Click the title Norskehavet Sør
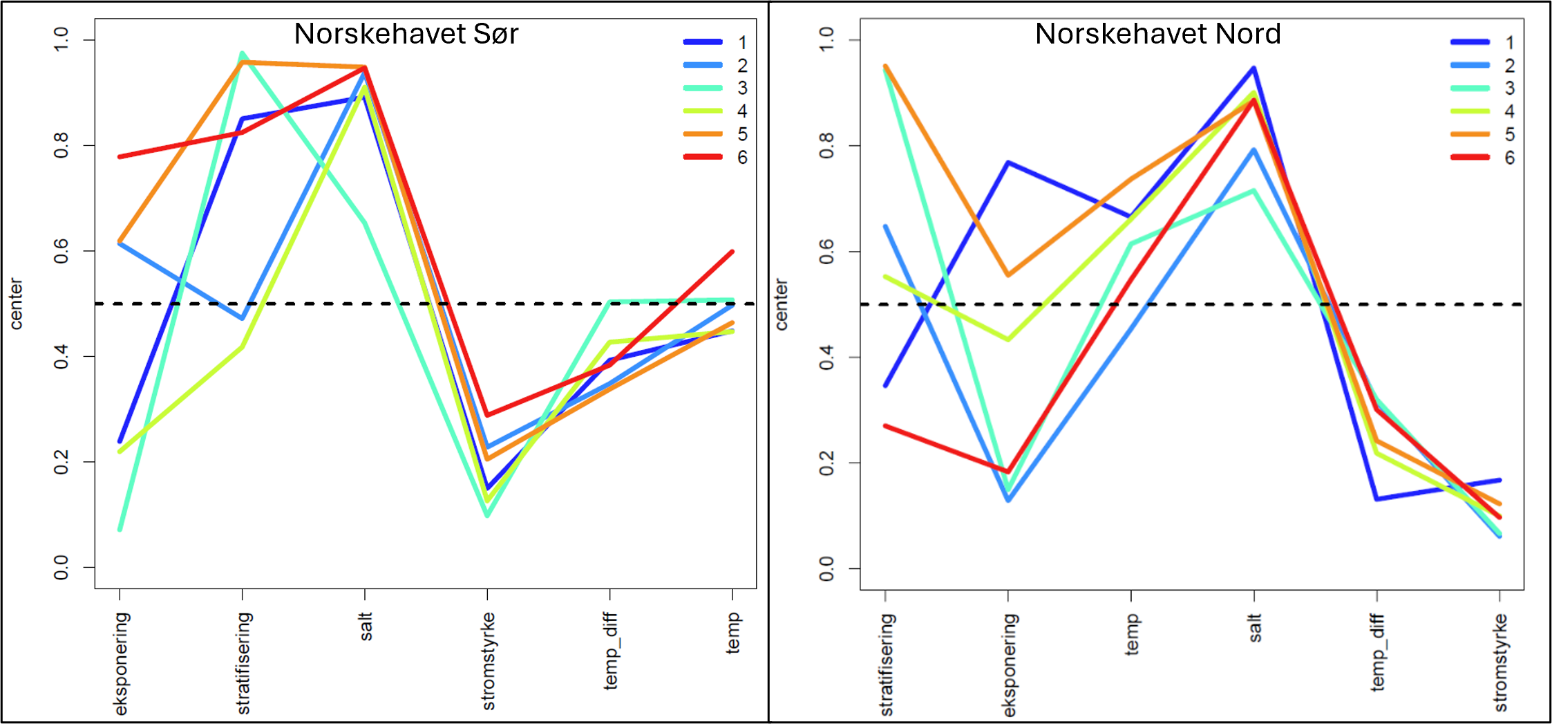click(406, 34)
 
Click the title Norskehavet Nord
click(1157, 34)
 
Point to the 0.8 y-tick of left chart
click(61, 145)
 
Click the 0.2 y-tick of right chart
click(826, 463)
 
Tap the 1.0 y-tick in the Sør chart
click(61, 39)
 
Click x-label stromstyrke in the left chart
click(488, 660)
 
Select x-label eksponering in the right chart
click(1009, 665)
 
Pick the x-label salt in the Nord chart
click(1255, 628)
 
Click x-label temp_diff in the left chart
click(610, 650)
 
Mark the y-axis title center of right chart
click(781, 304)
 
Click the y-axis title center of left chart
click(16, 304)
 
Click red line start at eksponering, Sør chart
click(120, 157)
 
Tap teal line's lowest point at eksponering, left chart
click(120, 529)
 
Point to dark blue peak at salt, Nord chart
click(1253, 68)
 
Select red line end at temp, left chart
click(732, 252)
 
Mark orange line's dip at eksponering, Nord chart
click(1007, 275)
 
